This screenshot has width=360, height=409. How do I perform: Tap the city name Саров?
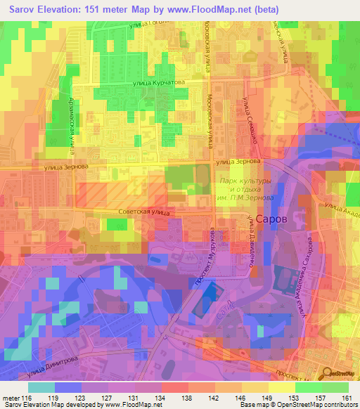point(270,219)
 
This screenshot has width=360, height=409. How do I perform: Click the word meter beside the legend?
point(11,398)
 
